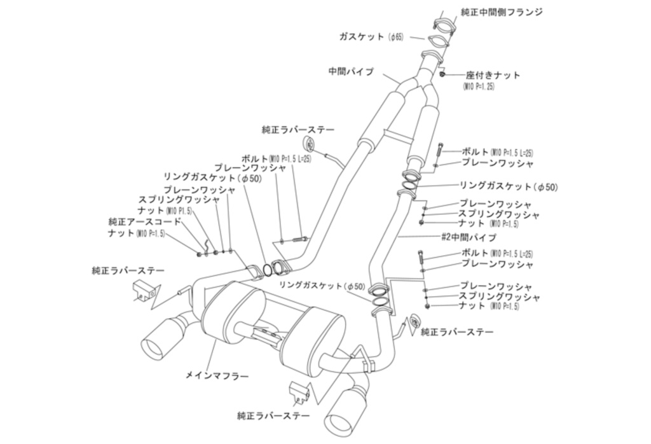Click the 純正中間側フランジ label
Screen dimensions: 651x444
502,12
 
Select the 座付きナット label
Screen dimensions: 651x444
493,75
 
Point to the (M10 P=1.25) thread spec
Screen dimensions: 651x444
478,86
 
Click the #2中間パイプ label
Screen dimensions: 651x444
469,237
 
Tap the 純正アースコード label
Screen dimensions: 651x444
145,222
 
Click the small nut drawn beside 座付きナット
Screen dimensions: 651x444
442,76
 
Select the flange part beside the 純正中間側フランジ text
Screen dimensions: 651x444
443,25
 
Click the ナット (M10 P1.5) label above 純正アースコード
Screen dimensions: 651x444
165,211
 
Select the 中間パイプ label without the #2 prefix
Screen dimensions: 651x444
351,72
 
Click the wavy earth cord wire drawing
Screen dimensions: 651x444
205,245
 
